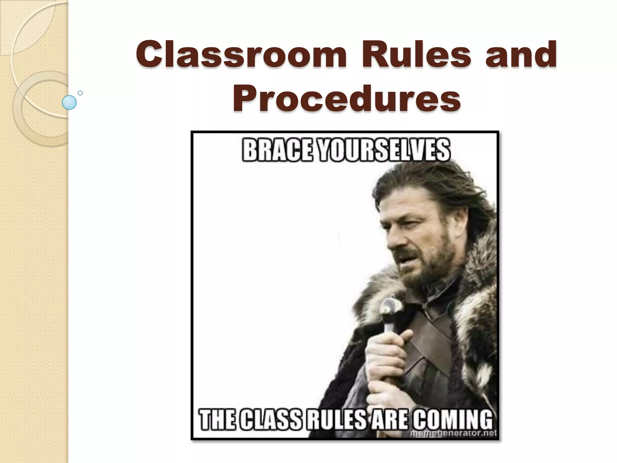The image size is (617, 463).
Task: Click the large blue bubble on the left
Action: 69,102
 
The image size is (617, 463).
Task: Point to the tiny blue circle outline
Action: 80,93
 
